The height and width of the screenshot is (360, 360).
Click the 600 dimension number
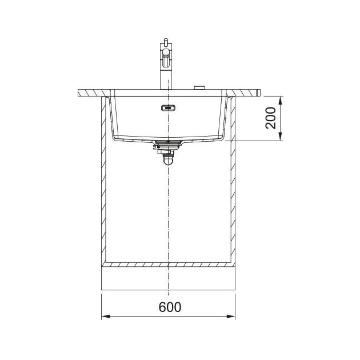tap(170, 307)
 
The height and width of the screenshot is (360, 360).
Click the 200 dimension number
tap(271, 118)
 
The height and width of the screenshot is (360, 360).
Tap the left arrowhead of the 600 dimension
tap(105, 317)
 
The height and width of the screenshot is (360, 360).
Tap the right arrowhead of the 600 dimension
tap(231, 317)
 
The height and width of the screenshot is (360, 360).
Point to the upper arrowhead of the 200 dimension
tap(281, 101)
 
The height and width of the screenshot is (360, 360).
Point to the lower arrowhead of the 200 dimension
tap(281, 137)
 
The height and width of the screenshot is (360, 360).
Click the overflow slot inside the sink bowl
tap(169, 107)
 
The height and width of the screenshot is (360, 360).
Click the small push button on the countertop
tap(199, 87)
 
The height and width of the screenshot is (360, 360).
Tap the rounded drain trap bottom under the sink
tap(169, 161)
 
